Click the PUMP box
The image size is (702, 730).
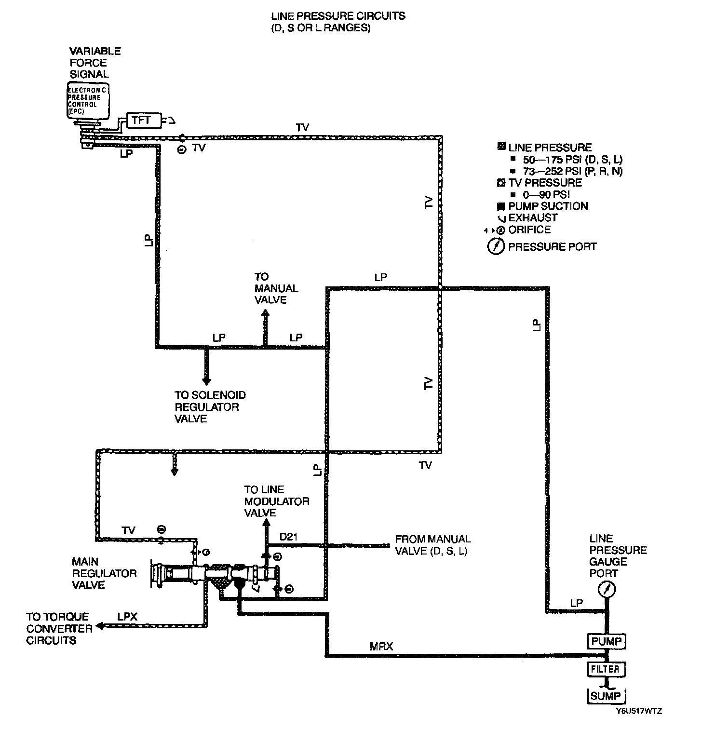tap(607, 642)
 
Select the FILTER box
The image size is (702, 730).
tap(606, 669)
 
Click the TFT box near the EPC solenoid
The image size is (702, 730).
tap(142, 120)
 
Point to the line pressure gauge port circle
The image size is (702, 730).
tap(607, 589)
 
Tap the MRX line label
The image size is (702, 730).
tap(381, 646)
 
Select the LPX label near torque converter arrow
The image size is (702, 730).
tap(128, 617)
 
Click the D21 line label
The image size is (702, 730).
tap(288, 537)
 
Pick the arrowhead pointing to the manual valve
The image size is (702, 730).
tap(265, 313)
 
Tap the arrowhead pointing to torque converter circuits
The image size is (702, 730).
tap(100, 626)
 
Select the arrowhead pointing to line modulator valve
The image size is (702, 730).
tap(264, 524)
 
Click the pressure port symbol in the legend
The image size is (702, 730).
tap(496, 247)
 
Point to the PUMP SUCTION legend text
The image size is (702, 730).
tap(548, 206)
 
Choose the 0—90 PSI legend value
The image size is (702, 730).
tap(547, 195)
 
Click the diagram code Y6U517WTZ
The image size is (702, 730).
tap(638, 711)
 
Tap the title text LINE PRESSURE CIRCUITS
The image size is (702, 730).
tap(337, 16)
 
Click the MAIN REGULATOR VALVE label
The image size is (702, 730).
tap(104, 573)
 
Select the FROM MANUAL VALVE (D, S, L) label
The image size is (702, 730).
tap(432, 545)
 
